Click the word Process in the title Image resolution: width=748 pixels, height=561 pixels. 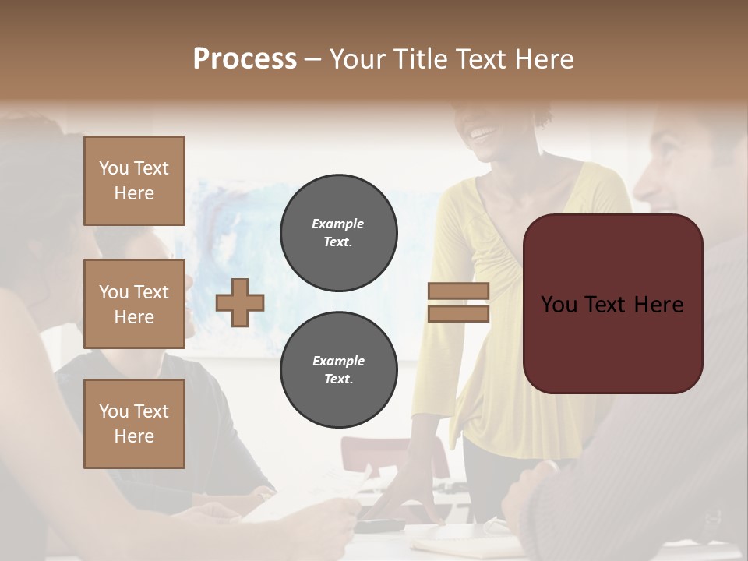tap(245, 59)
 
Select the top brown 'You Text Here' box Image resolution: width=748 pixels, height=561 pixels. tap(134, 181)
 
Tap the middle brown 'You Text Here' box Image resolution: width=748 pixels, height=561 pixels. tap(134, 304)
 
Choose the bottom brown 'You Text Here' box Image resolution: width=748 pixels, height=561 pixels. tap(134, 424)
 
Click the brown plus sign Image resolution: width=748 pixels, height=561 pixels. tap(240, 302)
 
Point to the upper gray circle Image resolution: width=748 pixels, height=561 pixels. tap(338, 233)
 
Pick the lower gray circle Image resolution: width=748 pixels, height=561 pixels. tap(338, 370)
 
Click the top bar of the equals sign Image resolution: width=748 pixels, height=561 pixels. tap(458, 291)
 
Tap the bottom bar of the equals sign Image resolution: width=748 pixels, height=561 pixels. tap(458, 314)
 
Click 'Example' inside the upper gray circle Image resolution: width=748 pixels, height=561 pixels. tap(338, 224)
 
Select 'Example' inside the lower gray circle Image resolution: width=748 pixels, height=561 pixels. tap(338, 361)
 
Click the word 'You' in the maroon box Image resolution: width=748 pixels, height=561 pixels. tap(559, 305)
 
